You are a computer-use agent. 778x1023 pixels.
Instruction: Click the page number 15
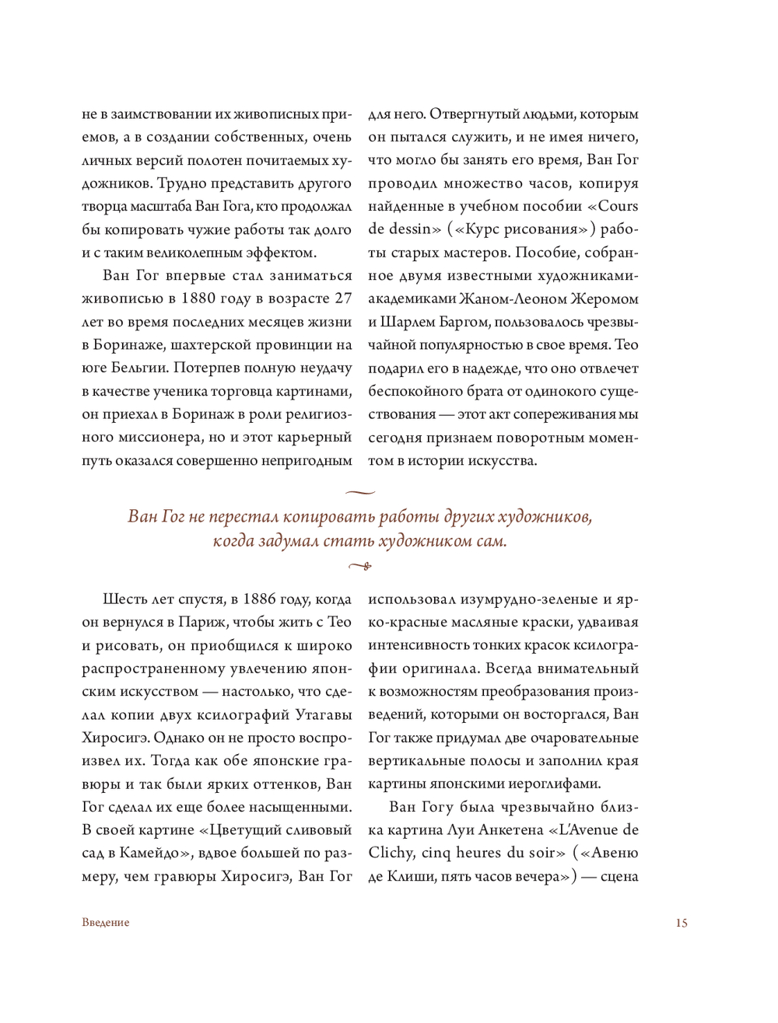tap(682, 923)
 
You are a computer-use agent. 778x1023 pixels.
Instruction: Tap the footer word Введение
tap(106, 923)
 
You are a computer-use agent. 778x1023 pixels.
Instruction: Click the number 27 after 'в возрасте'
tap(343, 299)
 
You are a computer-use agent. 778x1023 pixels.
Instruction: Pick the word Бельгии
tap(135, 368)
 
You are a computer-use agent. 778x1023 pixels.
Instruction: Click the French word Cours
tap(619, 206)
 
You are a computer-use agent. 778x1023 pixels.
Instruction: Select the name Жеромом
tap(605, 299)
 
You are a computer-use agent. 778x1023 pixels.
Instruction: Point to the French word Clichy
tap(391, 854)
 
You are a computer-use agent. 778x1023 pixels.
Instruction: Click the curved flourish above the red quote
tap(359, 492)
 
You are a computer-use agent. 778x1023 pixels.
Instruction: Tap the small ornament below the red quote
tap(359, 566)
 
